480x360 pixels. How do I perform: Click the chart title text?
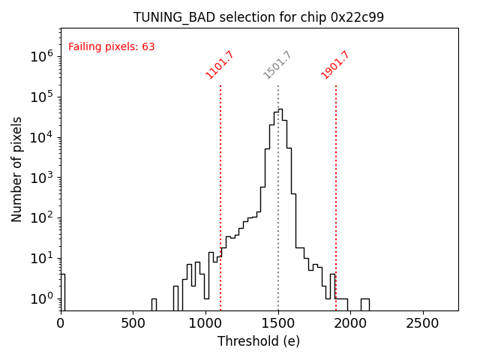pos(259,17)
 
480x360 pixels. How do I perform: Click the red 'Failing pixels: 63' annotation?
pos(111,46)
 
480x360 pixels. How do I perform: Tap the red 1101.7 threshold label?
pos(220,65)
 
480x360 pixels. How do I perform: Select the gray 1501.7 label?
pos(277,65)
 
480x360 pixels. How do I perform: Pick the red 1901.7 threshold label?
pos(335,65)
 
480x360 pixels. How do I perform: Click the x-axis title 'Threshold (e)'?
pos(259,341)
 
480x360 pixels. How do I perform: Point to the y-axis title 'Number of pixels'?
pos(17,169)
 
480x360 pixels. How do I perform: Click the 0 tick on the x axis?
pos(61,322)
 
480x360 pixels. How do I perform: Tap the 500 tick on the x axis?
pos(133,322)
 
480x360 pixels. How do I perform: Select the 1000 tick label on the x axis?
pos(205,322)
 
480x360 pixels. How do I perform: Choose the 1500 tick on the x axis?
pos(278,322)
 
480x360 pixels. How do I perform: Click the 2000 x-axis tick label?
pos(350,322)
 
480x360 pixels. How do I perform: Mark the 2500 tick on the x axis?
pos(423,322)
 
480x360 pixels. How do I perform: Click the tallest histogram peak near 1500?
pos(280,110)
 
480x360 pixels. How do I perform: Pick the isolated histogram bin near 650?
pos(154,304)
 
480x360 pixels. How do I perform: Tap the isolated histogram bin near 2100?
pos(364,304)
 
